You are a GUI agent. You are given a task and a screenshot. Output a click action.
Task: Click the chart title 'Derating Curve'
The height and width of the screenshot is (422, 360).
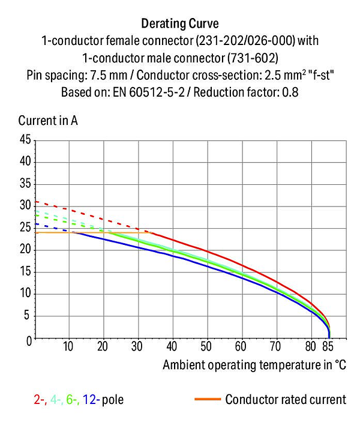(180, 23)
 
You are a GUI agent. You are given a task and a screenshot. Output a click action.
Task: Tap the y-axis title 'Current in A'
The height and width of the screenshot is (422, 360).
(48, 120)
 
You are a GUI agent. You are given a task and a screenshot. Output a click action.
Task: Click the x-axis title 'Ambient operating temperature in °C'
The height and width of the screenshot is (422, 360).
(254, 365)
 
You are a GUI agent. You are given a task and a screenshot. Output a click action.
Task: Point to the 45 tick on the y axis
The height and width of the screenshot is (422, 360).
(25, 139)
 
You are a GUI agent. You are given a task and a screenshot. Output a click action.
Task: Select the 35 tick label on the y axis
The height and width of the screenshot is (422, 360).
(25, 184)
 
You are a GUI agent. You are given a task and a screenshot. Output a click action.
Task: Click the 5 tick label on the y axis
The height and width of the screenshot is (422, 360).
(26, 315)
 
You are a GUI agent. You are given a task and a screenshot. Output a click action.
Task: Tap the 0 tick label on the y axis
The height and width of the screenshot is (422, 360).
(29, 341)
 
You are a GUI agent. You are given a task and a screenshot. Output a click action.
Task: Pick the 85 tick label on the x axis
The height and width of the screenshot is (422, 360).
(328, 346)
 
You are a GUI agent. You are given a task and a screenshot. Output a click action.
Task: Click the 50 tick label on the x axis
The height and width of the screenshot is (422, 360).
(206, 346)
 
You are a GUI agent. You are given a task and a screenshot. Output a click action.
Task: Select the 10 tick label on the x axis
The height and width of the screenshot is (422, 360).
(68, 346)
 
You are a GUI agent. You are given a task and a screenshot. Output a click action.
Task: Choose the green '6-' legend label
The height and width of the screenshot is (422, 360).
(73, 399)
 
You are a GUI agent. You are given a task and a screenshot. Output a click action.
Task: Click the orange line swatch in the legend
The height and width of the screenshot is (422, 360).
(208, 399)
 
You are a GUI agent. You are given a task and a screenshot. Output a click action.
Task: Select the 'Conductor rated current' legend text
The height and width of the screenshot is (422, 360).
(286, 399)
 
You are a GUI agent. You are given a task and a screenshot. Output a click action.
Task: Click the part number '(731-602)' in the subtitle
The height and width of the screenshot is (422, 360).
(253, 58)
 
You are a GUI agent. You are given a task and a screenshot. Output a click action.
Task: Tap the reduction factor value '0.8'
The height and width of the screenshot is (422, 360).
(290, 92)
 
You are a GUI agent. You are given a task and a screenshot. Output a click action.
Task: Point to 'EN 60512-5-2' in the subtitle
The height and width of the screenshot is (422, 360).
(149, 92)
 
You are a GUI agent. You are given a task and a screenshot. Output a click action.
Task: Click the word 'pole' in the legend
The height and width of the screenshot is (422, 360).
(113, 400)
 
